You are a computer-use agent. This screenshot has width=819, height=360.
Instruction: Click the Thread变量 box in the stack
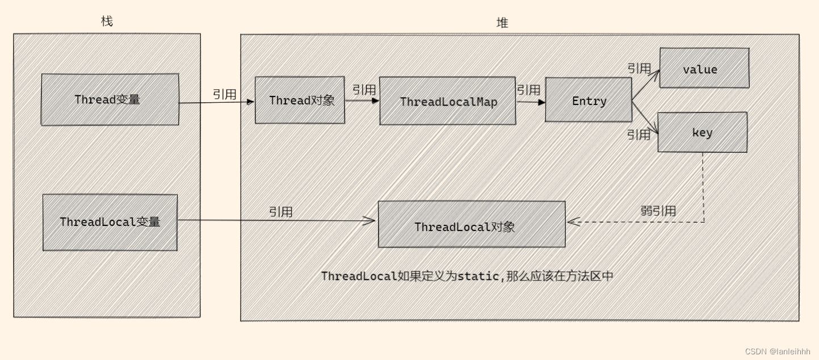(x=110, y=99)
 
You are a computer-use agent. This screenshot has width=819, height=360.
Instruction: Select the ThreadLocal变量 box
(x=110, y=222)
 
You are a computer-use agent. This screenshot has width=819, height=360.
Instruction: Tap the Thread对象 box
(x=300, y=101)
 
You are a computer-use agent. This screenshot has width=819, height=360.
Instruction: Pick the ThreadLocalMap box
(x=447, y=102)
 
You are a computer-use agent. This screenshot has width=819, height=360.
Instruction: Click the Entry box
(x=588, y=101)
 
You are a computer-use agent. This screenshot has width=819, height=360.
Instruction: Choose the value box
(x=704, y=68)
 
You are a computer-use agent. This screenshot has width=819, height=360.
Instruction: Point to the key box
(x=702, y=132)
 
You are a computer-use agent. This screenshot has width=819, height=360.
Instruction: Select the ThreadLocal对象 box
(x=471, y=225)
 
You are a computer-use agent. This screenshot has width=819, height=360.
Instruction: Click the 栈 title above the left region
(x=107, y=22)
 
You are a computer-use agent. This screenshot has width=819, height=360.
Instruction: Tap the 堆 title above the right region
(x=502, y=23)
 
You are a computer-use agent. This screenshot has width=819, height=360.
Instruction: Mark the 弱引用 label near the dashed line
(x=658, y=211)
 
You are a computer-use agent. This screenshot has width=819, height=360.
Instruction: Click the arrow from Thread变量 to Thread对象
(x=216, y=103)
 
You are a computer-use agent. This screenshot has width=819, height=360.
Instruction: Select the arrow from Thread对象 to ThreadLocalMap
(x=362, y=101)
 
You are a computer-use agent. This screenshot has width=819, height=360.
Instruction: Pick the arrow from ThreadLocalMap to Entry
(x=530, y=102)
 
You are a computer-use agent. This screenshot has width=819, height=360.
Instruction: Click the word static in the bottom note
(x=478, y=277)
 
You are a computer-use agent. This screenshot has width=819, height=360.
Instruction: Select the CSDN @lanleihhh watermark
(x=778, y=351)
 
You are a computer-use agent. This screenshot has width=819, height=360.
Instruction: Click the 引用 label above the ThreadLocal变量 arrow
(x=281, y=212)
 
